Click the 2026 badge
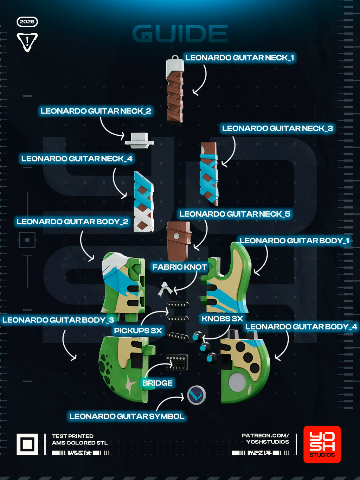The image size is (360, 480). pyautogui.click(x=27, y=22)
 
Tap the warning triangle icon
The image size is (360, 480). pyautogui.click(x=27, y=41)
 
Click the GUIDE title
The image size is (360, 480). pyautogui.click(x=180, y=33)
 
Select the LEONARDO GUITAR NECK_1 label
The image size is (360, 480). pyautogui.click(x=239, y=58)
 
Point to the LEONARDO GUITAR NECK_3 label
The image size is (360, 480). pyautogui.click(x=277, y=128)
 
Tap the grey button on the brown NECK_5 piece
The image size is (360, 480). pyautogui.click(x=176, y=236)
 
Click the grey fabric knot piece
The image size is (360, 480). pyautogui.click(x=165, y=289)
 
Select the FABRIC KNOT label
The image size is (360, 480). pyautogui.click(x=179, y=267)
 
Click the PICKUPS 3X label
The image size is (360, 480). pyautogui.click(x=138, y=331)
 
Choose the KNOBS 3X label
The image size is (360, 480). pyautogui.click(x=222, y=319)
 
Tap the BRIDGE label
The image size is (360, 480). pyautogui.click(x=157, y=383)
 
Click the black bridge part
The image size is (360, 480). pyautogui.click(x=176, y=362)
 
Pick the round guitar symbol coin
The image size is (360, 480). pyautogui.click(x=197, y=395)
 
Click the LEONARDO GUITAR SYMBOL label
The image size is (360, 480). pyautogui.click(x=127, y=416)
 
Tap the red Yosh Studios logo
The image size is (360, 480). pyautogui.click(x=322, y=444)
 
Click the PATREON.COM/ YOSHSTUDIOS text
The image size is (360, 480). pyautogui.click(x=265, y=439)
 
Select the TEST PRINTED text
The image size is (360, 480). pyautogui.click(x=73, y=436)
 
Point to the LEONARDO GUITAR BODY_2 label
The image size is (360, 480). pyautogui.click(x=72, y=222)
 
